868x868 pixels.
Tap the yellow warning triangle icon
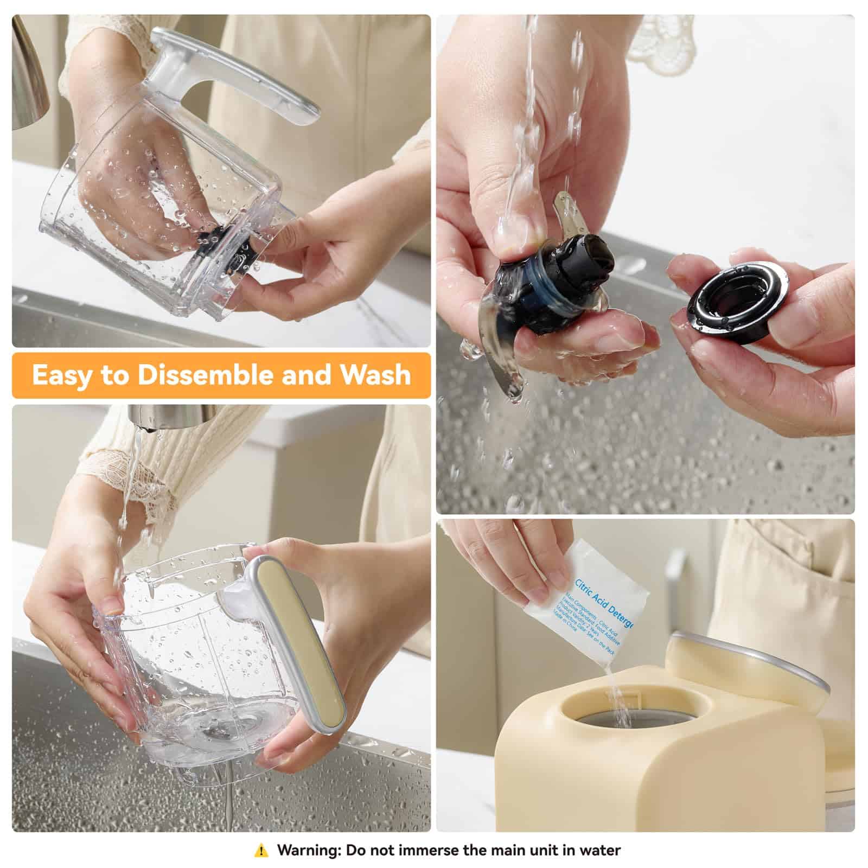click(261, 850)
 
